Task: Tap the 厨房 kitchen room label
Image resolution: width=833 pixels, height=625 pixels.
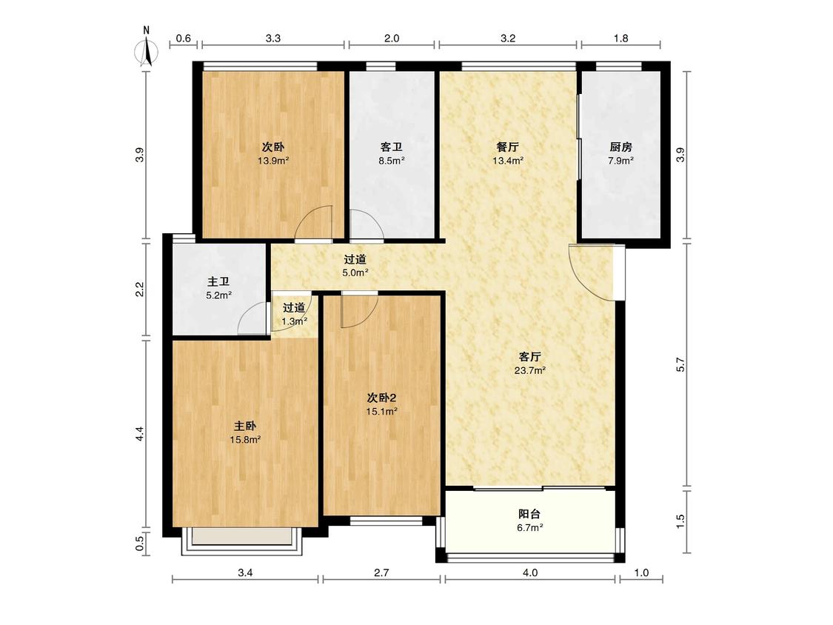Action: (x=620, y=147)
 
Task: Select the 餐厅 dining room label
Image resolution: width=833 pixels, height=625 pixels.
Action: (x=507, y=147)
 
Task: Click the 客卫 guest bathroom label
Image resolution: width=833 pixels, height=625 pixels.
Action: (x=391, y=147)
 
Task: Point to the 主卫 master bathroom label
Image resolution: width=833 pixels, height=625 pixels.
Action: (x=218, y=281)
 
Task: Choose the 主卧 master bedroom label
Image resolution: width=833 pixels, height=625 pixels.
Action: (x=245, y=426)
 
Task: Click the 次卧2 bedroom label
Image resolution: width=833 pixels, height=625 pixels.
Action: (x=382, y=398)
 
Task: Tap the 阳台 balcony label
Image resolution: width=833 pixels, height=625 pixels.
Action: (x=529, y=514)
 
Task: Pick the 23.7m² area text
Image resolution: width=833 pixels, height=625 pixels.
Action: (x=530, y=370)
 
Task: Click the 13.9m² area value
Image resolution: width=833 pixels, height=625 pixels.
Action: (x=273, y=161)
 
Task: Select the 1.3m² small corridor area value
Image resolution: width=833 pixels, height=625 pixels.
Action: (x=294, y=321)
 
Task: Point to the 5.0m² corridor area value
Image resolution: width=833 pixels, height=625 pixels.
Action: (x=355, y=273)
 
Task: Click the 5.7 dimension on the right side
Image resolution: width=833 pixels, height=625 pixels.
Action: (x=680, y=364)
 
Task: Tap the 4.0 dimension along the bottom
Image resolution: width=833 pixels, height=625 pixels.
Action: (x=530, y=572)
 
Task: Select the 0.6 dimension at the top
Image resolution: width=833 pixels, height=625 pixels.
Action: (x=184, y=39)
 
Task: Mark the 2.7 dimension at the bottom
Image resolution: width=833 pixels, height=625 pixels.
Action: (x=381, y=572)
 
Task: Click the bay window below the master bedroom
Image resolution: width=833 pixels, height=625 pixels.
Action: (x=242, y=541)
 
